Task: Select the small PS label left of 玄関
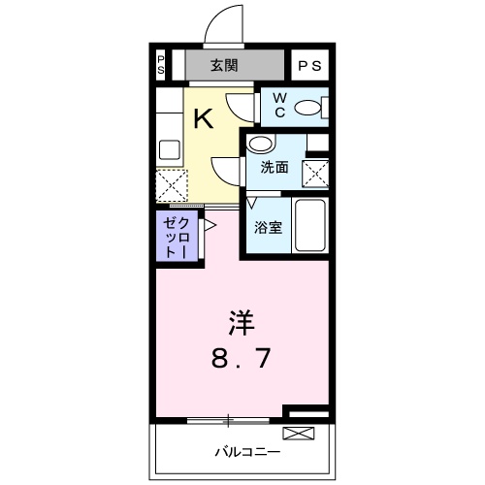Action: [x=161, y=66]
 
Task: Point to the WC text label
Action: [x=277, y=106]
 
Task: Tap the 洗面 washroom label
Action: [x=275, y=167]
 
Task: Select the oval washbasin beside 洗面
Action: [x=261, y=144]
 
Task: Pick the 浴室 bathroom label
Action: [x=269, y=229]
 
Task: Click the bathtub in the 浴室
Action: [x=310, y=225]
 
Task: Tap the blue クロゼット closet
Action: [x=177, y=237]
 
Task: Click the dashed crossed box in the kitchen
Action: [x=172, y=185]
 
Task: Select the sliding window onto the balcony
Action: [x=228, y=419]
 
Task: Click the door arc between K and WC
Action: [x=240, y=104]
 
